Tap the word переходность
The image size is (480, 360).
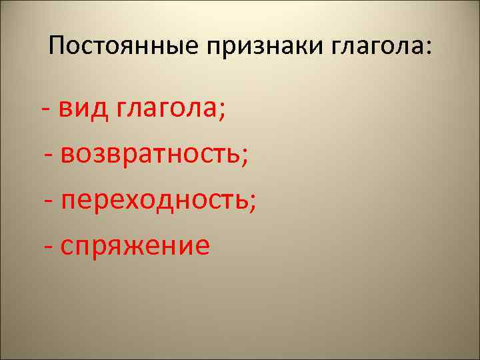pyautogui.click(x=153, y=201)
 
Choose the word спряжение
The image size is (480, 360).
pyautogui.click(x=135, y=246)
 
